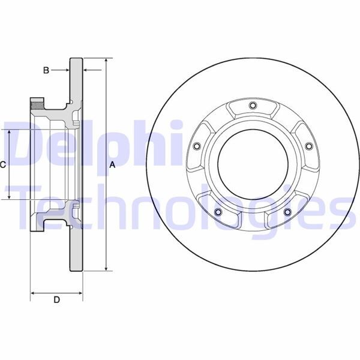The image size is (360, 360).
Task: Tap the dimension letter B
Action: (x=46, y=70)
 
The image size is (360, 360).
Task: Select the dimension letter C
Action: (x=3, y=164)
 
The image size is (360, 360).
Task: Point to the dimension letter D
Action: (x=56, y=299)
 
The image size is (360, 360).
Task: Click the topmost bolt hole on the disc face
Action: (x=252, y=107)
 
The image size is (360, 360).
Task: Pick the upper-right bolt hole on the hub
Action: (x=308, y=146)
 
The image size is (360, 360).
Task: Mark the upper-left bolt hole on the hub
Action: (x=196, y=146)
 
